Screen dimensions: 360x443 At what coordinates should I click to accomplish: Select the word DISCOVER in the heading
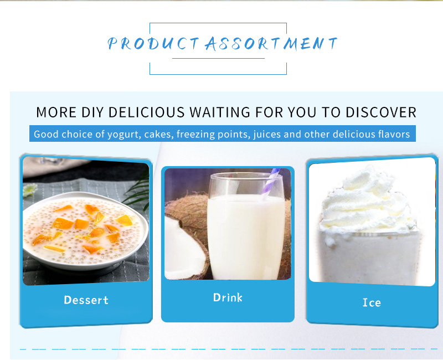(x=381, y=112)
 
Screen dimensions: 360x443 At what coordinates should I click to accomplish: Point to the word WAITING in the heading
(x=220, y=112)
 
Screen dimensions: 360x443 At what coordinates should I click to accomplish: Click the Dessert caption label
(x=86, y=300)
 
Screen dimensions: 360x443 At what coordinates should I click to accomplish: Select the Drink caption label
(x=228, y=297)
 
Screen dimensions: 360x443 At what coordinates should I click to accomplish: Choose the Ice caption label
(x=372, y=302)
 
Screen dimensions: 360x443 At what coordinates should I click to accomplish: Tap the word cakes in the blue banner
(x=157, y=134)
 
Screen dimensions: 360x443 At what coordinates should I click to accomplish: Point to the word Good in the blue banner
(x=44, y=134)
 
